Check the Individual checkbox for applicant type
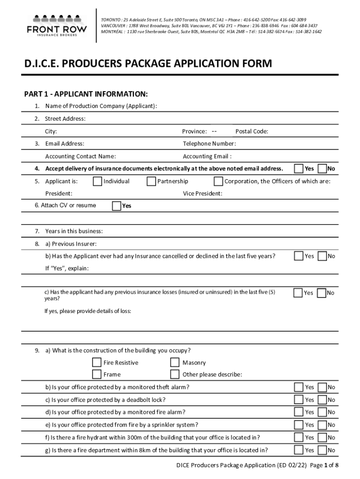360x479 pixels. click(x=97, y=181)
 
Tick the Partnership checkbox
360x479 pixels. click(x=151, y=181)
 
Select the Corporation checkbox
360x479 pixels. click(x=218, y=181)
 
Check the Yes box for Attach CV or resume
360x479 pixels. click(x=117, y=206)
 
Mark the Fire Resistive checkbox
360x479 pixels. click(x=97, y=363)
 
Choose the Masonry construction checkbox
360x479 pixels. click(x=175, y=363)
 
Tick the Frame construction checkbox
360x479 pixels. click(x=97, y=374)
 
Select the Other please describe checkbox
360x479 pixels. click(x=175, y=374)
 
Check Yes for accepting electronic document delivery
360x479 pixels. click(x=298, y=168)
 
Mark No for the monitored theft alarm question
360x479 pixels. click(x=322, y=387)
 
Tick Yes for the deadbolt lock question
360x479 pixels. click(x=298, y=400)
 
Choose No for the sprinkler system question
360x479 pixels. click(x=322, y=425)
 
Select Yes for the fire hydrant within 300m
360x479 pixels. click(x=298, y=437)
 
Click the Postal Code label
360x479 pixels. click(x=252, y=131)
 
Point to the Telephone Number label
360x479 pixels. click(x=209, y=144)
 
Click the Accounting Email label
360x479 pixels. click(x=207, y=156)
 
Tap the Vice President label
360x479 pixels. click(x=202, y=194)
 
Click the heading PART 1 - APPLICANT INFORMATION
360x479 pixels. click(x=86, y=94)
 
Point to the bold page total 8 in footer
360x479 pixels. click(x=337, y=465)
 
